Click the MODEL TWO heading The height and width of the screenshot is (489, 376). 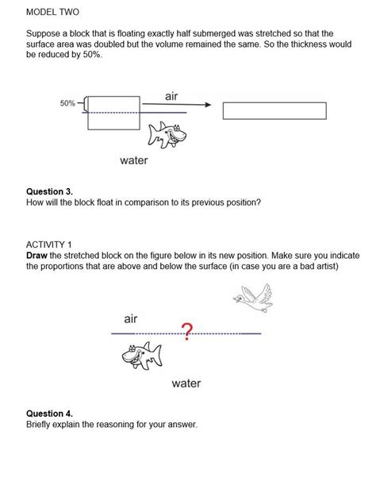[x=52, y=12]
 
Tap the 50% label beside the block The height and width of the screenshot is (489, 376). [x=67, y=103]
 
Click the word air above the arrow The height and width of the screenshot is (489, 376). [x=171, y=96]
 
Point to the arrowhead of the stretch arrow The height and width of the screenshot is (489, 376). [x=208, y=105]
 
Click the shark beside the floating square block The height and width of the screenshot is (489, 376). [x=167, y=135]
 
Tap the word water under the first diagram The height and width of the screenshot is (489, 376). [x=134, y=160]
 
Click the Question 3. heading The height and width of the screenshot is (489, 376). [x=49, y=191]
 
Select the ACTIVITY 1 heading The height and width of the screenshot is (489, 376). [x=49, y=244]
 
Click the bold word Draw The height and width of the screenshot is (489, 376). [x=36, y=256]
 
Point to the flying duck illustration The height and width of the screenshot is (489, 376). [x=253, y=298]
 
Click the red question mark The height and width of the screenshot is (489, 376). [x=187, y=332]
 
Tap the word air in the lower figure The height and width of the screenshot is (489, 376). [x=131, y=319]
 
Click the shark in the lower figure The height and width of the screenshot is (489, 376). [x=142, y=355]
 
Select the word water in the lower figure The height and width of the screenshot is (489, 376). [x=186, y=383]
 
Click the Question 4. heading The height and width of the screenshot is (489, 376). [x=49, y=414]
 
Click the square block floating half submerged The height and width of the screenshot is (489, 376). [x=113, y=113]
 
